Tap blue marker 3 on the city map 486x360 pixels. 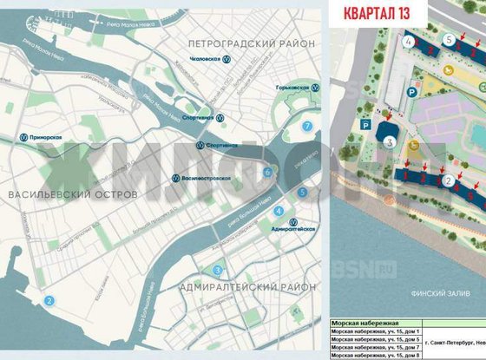tap(219, 269)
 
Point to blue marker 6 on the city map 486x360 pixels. tap(268, 173)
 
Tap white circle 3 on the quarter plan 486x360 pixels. tap(391, 141)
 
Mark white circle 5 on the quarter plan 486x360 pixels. tap(448, 40)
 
